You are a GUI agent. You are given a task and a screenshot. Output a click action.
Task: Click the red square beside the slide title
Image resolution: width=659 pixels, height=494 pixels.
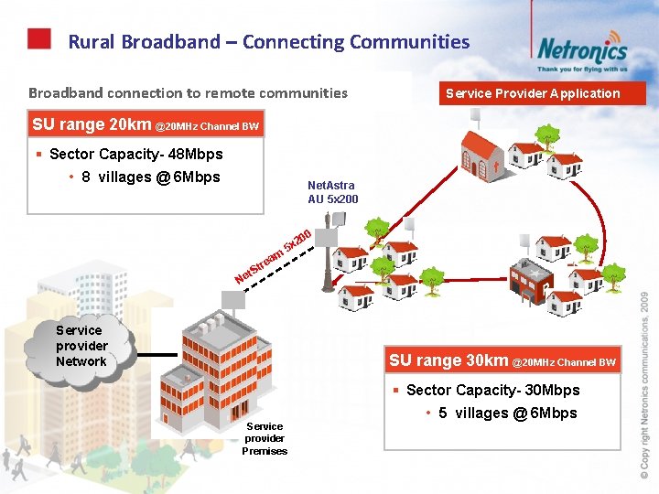(38, 38)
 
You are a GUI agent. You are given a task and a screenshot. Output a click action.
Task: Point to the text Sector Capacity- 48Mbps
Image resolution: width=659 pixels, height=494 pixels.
(135, 154)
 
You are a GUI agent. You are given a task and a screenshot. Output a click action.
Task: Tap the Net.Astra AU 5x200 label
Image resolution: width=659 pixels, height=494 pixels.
(333, 192)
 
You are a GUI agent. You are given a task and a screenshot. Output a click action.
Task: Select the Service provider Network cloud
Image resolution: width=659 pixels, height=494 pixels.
(81, 346)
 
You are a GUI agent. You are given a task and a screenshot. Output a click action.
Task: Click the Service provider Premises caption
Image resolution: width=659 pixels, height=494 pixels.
(265, 438)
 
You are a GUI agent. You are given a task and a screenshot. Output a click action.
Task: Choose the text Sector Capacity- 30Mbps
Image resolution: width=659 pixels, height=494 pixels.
(492, 390)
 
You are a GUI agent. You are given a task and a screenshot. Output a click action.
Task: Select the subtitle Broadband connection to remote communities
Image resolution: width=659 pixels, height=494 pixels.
(188, 92)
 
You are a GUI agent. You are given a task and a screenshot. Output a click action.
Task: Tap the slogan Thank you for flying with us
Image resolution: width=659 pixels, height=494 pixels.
(582, 69)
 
